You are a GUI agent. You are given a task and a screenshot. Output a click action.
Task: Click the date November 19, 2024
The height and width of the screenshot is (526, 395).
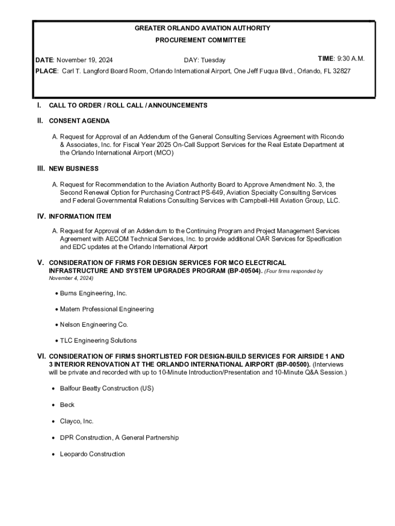[84, 60]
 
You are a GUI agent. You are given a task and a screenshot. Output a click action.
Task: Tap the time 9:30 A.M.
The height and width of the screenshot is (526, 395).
[350, 59]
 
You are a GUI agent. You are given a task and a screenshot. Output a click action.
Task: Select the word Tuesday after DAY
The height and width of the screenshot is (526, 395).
[213, 60]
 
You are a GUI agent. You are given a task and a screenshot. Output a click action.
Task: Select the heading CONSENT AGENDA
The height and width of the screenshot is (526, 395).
[79, 121]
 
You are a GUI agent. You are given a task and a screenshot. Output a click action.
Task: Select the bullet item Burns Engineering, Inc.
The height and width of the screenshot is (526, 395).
[93, 293]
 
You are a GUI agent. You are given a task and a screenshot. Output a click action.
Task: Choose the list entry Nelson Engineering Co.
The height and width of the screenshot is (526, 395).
[93, 325]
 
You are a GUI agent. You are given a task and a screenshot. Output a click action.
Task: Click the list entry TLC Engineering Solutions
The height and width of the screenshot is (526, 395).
[98, 341]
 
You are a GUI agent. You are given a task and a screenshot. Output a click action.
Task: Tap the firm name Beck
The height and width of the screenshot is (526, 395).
[67, 405]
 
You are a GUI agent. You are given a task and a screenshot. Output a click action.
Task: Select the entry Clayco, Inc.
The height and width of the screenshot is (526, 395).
[76, 421]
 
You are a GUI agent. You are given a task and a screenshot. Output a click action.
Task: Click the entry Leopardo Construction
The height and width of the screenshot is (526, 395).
[92, 454]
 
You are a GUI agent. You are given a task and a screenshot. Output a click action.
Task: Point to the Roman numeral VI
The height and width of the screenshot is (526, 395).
[41, 356]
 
